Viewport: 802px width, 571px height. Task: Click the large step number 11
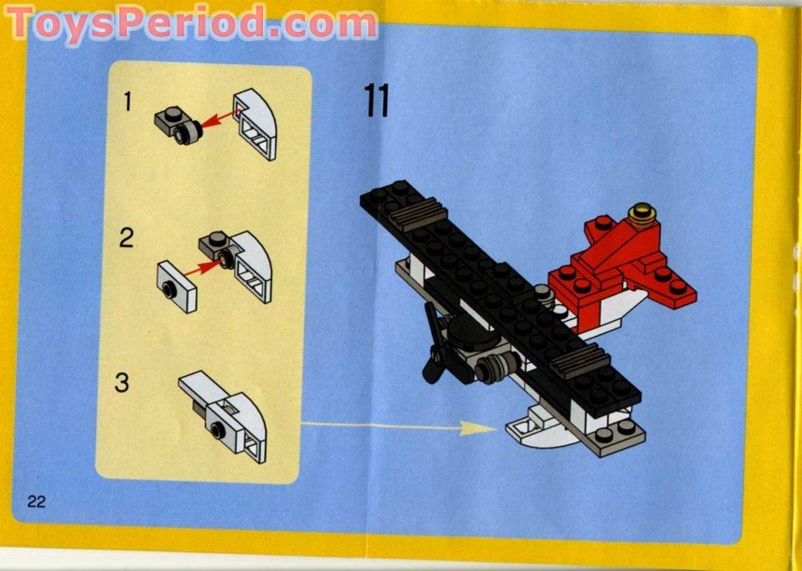(376, 100)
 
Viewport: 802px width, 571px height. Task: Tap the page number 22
(37, 501)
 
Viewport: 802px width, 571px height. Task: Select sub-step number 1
(128, 103)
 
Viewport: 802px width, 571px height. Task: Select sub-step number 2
(127, 238)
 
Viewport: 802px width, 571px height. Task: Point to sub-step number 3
(121, 382)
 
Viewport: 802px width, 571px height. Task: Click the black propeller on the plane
(432, 345)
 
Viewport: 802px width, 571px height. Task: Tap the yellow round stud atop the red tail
(640, 214)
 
